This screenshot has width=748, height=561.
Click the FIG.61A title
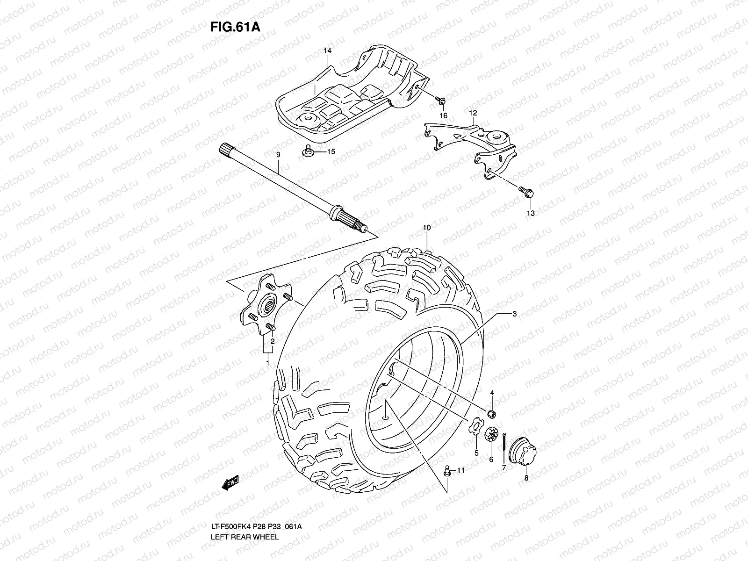[x=235, y=26]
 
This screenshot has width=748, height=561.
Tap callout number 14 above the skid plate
[x=327, y=50]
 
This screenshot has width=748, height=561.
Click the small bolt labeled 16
[x=441, y=100]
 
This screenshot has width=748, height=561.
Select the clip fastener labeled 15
[x=308, y=151]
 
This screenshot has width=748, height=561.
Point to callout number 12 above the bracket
[x=473, y=113]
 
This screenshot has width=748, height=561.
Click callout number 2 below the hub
[x=272, y=341]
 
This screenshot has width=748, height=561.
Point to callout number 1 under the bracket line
[x=267, y=362]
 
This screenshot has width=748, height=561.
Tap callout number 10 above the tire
[x=427, y=228]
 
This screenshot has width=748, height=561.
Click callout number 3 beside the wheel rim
[x=514, y=314]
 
